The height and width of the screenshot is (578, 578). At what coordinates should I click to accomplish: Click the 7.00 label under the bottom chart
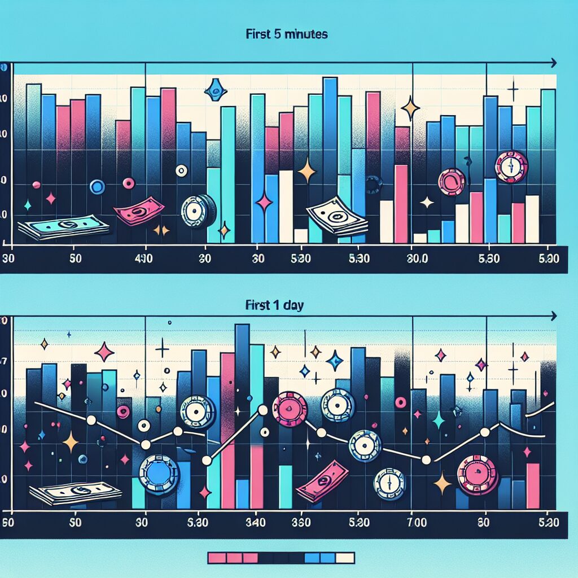419,522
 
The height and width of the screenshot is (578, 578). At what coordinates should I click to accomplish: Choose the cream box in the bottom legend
345,558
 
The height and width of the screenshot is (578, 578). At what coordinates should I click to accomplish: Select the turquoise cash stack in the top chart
63,227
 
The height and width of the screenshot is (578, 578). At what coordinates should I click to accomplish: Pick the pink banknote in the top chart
139,214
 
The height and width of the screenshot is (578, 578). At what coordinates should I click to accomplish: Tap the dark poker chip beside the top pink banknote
198,212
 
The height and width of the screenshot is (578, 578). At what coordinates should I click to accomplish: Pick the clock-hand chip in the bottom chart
390,484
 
